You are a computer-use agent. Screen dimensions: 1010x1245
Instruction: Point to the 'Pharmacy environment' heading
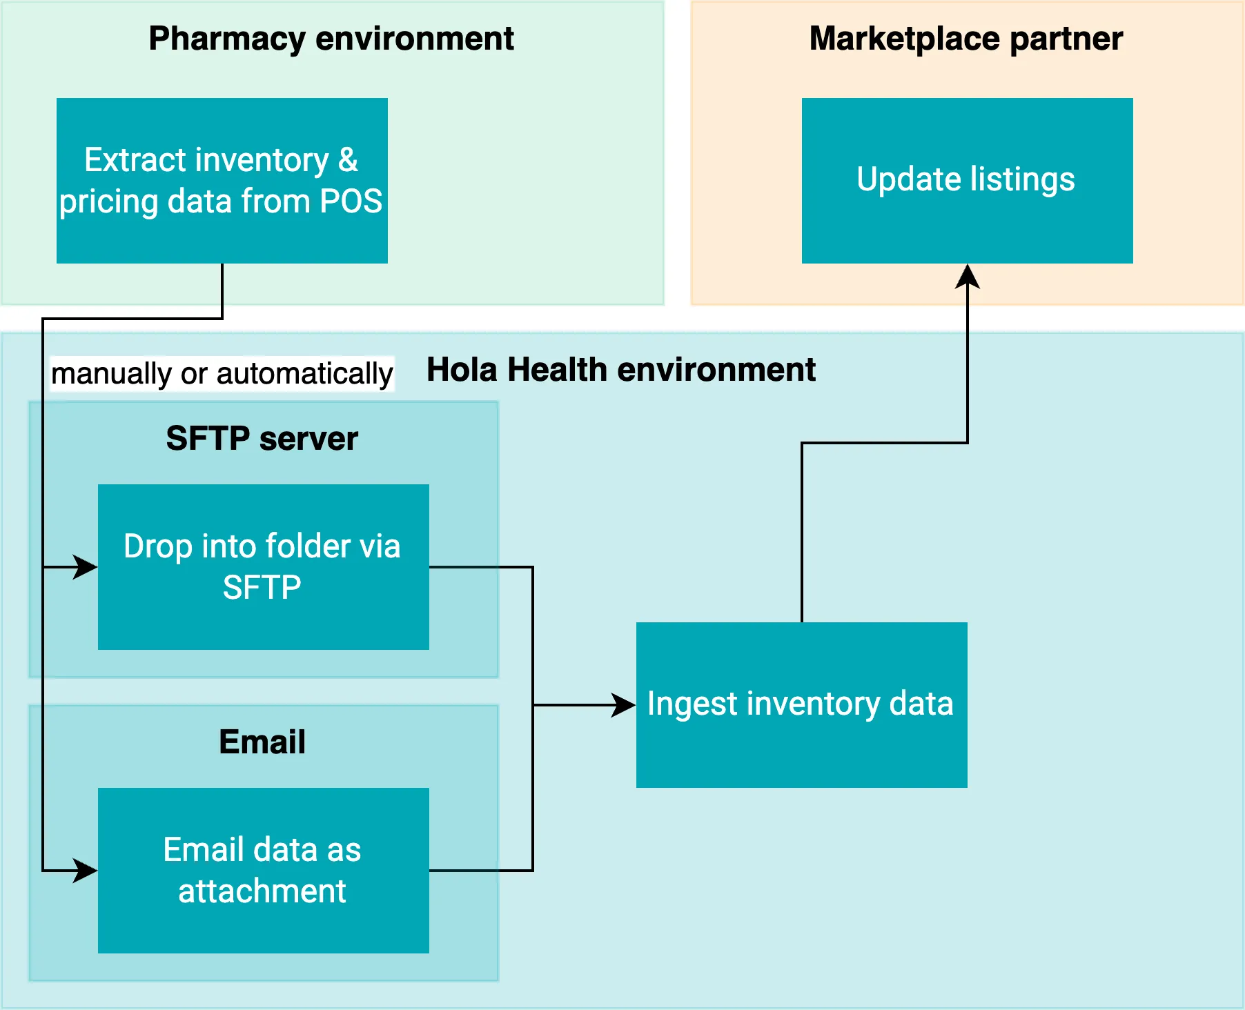(x=331, y=39)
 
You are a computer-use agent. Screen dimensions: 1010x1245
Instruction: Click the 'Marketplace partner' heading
(x=965, y=39)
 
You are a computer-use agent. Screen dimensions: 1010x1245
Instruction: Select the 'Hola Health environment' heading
(x=620, y=370)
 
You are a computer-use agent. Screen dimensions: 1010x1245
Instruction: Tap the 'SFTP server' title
(x=262, y=439)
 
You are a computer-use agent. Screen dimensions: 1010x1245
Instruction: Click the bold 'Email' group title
(x=262, y=742)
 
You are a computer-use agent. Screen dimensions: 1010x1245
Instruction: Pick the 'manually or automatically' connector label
(x=222, y=374)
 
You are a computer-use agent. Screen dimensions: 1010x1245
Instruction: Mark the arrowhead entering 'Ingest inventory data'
(x=624, y=705)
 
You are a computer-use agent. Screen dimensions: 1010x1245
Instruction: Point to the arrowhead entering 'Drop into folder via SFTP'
(x=86, y=567)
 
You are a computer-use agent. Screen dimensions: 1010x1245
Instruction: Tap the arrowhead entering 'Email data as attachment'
(x=86, y=871)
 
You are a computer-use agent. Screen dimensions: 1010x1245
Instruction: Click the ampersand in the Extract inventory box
(x=348, y=160)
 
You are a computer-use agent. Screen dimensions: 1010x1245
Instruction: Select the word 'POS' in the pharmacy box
(x=351, y=201)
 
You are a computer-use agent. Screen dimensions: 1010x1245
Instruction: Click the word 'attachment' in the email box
(x=262, y=891)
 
